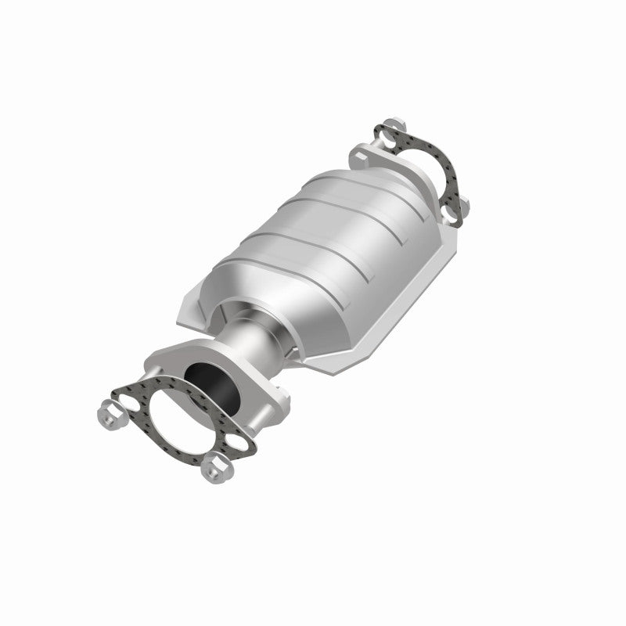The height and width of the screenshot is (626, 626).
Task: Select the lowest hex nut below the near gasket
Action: (x=210, y=471)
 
